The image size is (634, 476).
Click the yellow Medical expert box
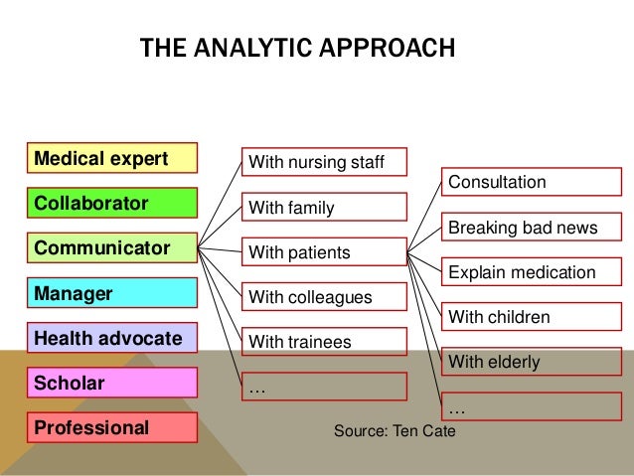coord(112,159)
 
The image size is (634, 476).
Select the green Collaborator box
coord(112,205)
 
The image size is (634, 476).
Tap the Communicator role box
coord(112,248)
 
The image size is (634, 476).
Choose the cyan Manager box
coord(112,294)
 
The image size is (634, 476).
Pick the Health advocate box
coord(112,338)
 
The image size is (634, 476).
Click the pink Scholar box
coord(112,384)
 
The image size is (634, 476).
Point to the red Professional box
coord(112,428)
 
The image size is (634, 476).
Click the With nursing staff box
coord(324,162)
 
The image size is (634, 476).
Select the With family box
coord(324,208)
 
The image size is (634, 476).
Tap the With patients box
coord(324,252)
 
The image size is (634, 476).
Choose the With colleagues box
coord(324,297)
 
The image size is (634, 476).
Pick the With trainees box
coord(324,342)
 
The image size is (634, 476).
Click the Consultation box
coord(532,183)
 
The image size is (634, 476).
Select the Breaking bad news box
coord(532,228)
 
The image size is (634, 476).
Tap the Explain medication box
coord(532,272)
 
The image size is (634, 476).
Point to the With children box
coord(532,317)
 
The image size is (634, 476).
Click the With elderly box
coord(532,362)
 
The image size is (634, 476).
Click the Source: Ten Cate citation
coord(395,431)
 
